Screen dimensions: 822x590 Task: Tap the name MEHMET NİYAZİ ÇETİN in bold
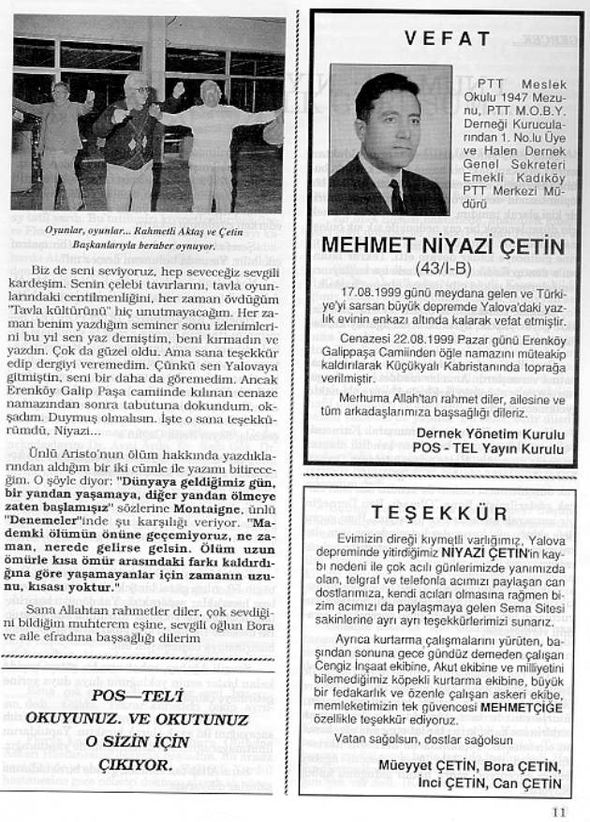[x=442, y=246]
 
